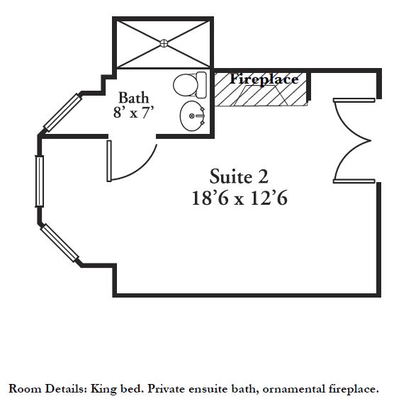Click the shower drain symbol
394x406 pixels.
164,43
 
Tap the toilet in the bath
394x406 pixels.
190,85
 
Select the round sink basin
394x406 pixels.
193,116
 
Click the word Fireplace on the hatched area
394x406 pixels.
264,79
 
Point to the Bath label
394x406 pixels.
134,98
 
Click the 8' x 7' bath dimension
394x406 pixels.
134,113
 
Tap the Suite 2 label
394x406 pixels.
239,176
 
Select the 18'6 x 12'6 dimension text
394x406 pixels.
240,198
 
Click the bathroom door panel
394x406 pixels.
109,161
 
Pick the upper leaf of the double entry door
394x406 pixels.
354,100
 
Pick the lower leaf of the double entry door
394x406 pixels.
354,181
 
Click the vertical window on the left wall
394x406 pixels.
40,181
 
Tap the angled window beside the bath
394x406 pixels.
62,113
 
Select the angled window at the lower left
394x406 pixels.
60,243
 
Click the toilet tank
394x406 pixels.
201,85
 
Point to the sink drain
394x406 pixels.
192,116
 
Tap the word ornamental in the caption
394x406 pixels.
294,389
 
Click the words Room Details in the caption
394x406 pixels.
48,389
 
